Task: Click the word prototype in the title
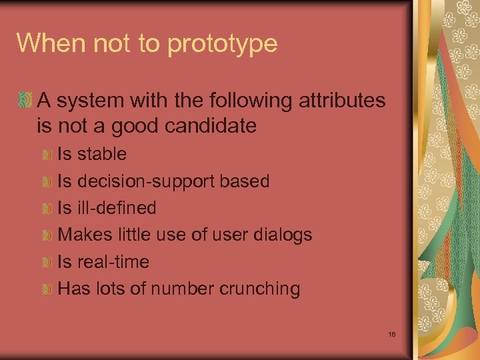point(223,44)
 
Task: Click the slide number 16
point(391,333)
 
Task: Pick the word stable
point(102,154)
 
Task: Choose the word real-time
point(113,262)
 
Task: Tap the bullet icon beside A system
point(25,101)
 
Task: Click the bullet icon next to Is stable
point(47,155)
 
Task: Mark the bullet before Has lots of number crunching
point(47,289)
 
